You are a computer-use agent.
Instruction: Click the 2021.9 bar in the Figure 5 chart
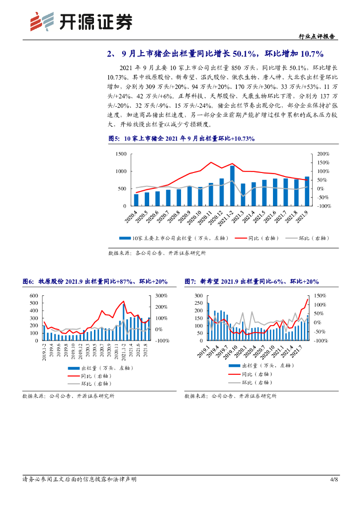click(x=307, y=191)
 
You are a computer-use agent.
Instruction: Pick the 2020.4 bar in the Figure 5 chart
click(x=136, y=200)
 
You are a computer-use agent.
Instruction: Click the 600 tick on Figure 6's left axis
click(x=34, y=296)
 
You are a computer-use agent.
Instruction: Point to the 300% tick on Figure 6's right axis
click(x=162, y=296)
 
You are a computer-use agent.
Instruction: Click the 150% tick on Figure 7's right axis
click(x=321, y=296)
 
